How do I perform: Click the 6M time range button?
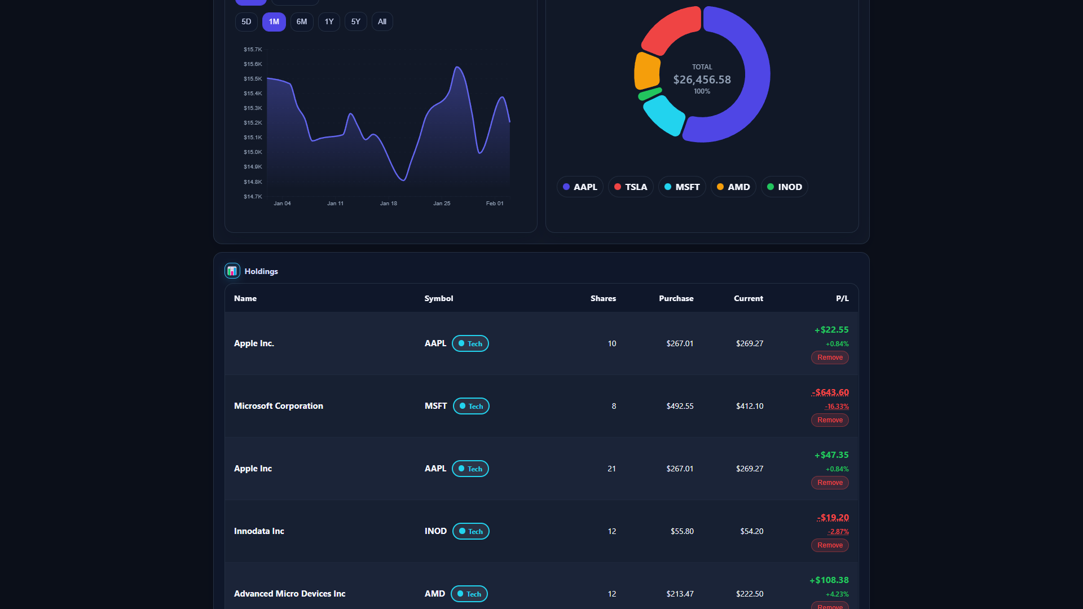pos(302,22)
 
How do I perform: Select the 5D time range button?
pos(246,22)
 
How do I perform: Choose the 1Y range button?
pos(329,22)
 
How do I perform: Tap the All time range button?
pos(382,22)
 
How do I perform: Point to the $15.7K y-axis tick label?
pos(253,50)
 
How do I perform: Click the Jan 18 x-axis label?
pos(388,204)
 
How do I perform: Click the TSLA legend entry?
pos(631,187)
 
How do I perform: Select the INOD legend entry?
pos(784,187)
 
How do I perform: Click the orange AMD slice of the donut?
pos(646,71)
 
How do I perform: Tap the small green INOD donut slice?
pos(650,94)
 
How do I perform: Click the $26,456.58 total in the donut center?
pos(702,80)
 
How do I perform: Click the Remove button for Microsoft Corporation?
pos(830,420)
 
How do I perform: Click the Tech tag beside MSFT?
pos(471,407)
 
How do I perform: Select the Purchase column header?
pos(676,299)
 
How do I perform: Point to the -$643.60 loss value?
pos(831,392)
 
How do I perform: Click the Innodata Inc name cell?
pos(259,531)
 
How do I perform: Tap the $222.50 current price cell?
pos(749,594)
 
